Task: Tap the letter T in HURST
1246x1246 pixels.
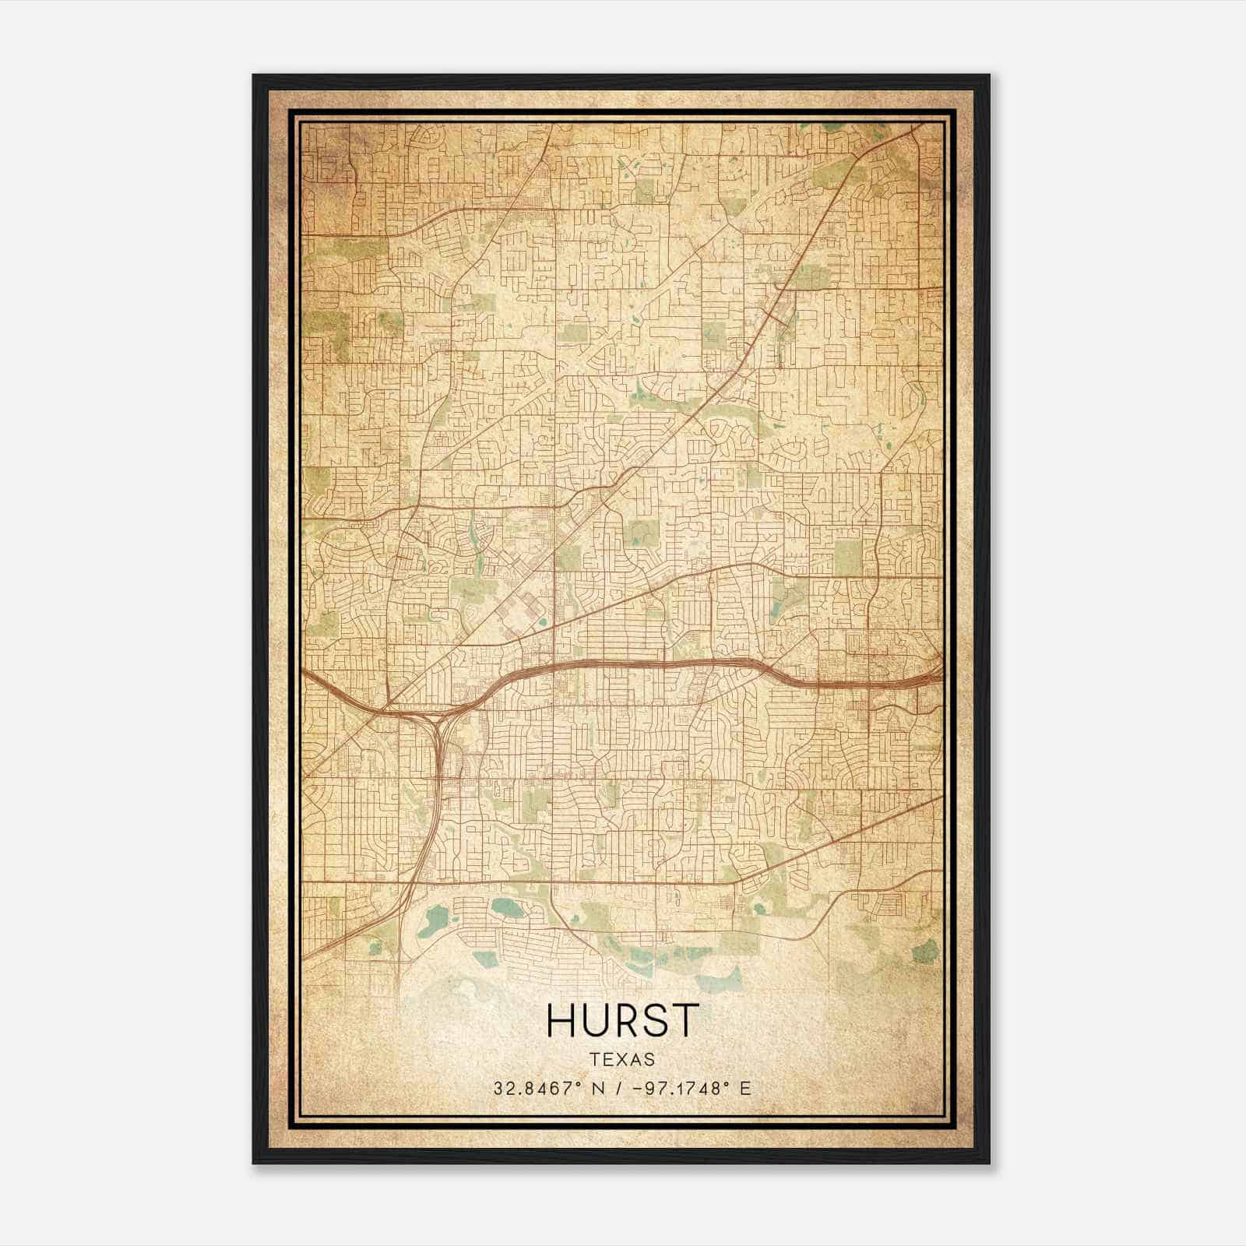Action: point(683,1019)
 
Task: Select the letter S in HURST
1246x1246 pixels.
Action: point(653,1019)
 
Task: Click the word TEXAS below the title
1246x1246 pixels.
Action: point(622,1059)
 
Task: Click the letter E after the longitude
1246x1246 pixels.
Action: point(746,1088)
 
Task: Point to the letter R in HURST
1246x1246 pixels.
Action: point(623,1019)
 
